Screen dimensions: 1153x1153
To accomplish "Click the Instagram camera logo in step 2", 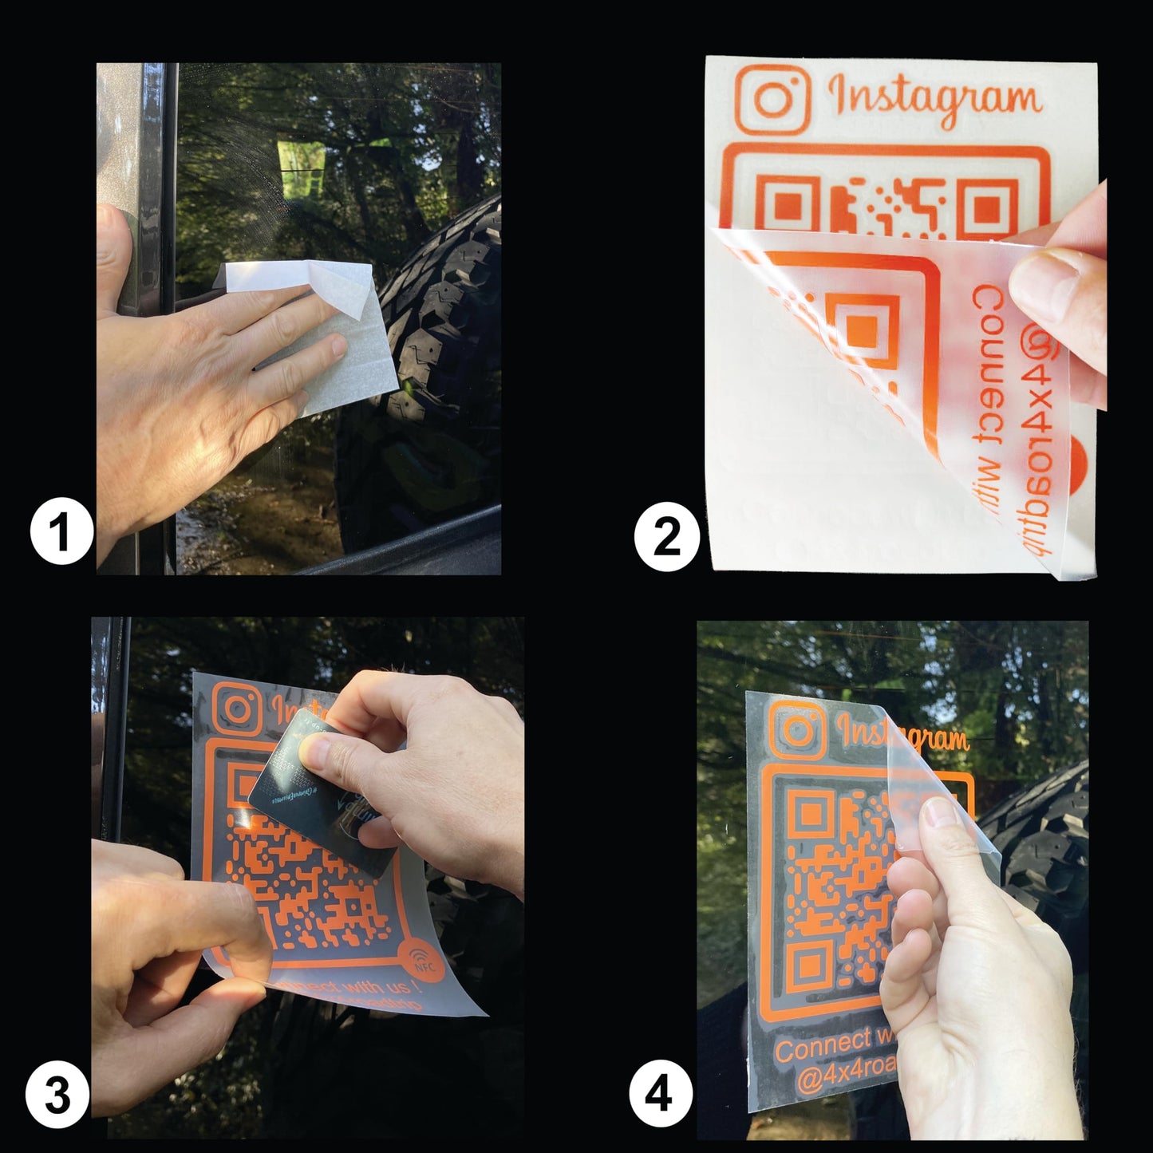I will (772, 100).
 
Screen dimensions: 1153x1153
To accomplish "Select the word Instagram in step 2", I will (934, 99).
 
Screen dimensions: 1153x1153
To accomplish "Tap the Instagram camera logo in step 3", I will (236, 709).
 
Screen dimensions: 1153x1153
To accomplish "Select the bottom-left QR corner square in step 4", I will (807, 965).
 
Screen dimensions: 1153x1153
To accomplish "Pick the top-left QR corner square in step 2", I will (786, 205).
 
